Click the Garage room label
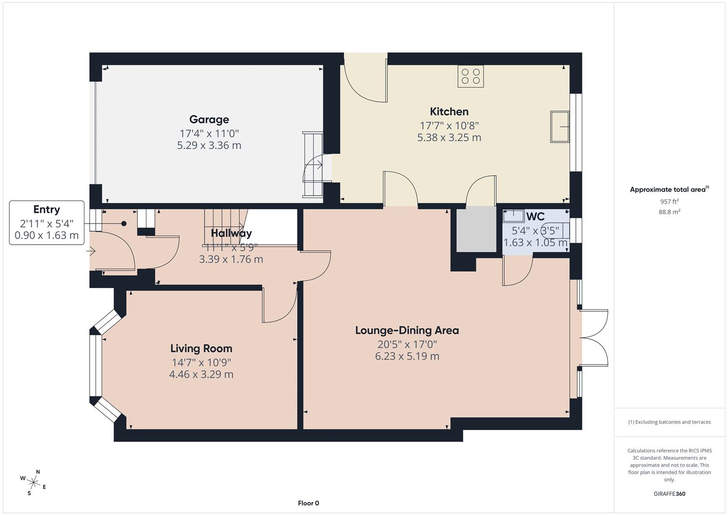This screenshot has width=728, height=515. click(x=209, y=119)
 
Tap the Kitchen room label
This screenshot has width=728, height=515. click(x=449, y=112)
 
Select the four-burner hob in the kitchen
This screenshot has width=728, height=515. click(x=471, y=76)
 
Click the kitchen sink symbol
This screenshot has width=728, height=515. click(x=560, y=126)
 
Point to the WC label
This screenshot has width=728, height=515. click(x=535, y=216)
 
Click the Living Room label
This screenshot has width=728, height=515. click(x=201, y=349)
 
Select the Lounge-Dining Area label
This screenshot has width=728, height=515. click(x=407, y=330)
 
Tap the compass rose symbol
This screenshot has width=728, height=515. click(x=33, y=482)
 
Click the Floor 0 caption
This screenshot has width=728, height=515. click(x=308, y=503)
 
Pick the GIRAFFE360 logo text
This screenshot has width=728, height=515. click(x=669, y=494)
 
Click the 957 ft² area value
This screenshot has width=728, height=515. click(x=669, y=201)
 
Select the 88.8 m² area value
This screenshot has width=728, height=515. click(x=669, y=212)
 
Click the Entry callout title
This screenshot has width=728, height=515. click(x=47, y=209)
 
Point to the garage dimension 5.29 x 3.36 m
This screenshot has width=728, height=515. click(x=209, y=145)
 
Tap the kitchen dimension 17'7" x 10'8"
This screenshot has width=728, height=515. click(x=449, y=125)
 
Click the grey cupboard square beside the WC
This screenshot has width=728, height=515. click(x=476, y=229)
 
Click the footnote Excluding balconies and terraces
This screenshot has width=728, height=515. click(x=669, y=422)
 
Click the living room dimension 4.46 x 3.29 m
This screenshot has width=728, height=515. click(x=201, y=374)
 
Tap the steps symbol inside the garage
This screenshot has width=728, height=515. click(x=313, y=165)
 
